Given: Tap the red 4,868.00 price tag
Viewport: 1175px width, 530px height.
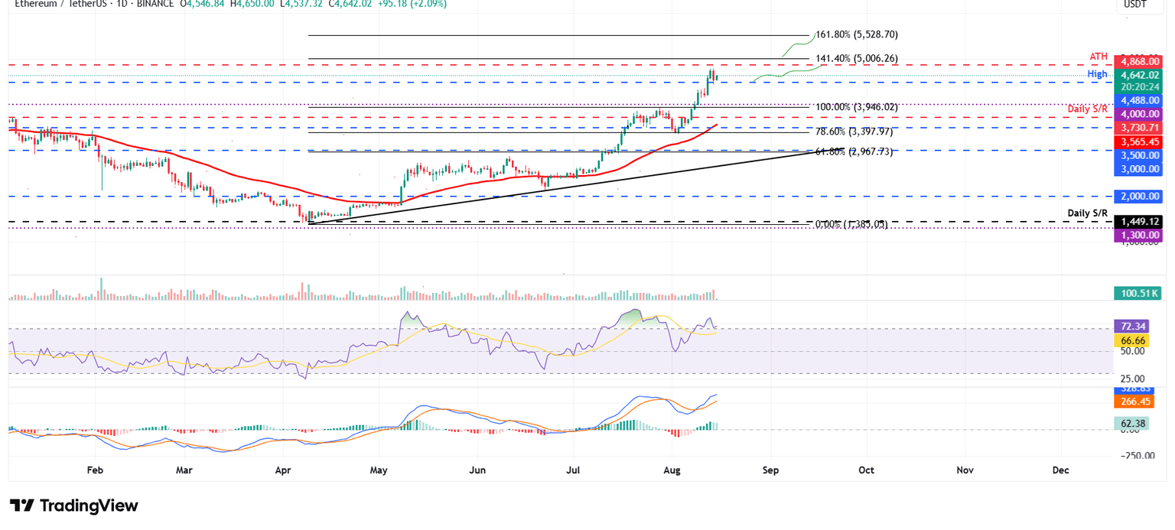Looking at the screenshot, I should [1139, 61].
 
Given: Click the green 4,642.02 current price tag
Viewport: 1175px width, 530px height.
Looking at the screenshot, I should [1139, 75].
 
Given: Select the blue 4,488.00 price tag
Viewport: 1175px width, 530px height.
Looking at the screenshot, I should [1139, 100].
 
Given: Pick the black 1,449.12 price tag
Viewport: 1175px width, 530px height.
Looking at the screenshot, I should [1139, 222].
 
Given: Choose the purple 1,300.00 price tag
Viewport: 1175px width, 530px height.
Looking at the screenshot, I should [1139, 236].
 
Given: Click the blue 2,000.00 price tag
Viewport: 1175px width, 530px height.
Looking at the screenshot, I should [1139, 196].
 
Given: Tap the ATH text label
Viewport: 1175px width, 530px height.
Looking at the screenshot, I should [1099, 57].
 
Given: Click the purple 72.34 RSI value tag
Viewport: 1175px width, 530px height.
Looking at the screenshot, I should [1131, 326].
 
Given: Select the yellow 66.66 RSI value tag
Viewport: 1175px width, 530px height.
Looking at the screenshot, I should [1131, 340].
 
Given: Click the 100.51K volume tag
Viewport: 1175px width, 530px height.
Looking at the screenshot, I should [1138, 292].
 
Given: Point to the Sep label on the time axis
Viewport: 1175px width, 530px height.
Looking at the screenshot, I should [770, 470].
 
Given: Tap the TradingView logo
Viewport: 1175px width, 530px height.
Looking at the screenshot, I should [74, 506].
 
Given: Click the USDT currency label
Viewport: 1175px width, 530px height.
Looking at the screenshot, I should [1134, 5].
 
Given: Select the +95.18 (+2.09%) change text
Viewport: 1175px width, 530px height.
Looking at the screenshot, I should [411, 4].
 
